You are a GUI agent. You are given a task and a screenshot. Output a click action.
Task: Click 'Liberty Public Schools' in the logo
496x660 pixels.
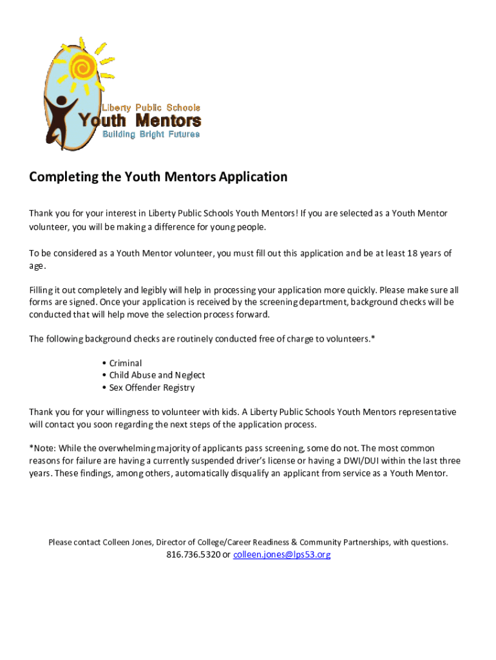(x=149, y=108)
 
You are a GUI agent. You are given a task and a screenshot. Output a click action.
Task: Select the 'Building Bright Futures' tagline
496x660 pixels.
(x=151, y=134)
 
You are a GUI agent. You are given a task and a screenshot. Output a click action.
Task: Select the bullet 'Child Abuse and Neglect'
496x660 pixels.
(x=157, y=375)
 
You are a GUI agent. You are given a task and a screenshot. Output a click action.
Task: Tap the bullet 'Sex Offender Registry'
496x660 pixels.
(x=152, y=387)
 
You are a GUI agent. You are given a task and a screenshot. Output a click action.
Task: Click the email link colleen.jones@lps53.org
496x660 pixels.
(x=281, y=554)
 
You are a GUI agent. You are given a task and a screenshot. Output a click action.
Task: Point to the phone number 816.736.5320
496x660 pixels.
(x=193, y=554)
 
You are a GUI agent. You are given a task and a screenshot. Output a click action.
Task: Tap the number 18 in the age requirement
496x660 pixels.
(x=413, y=253)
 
